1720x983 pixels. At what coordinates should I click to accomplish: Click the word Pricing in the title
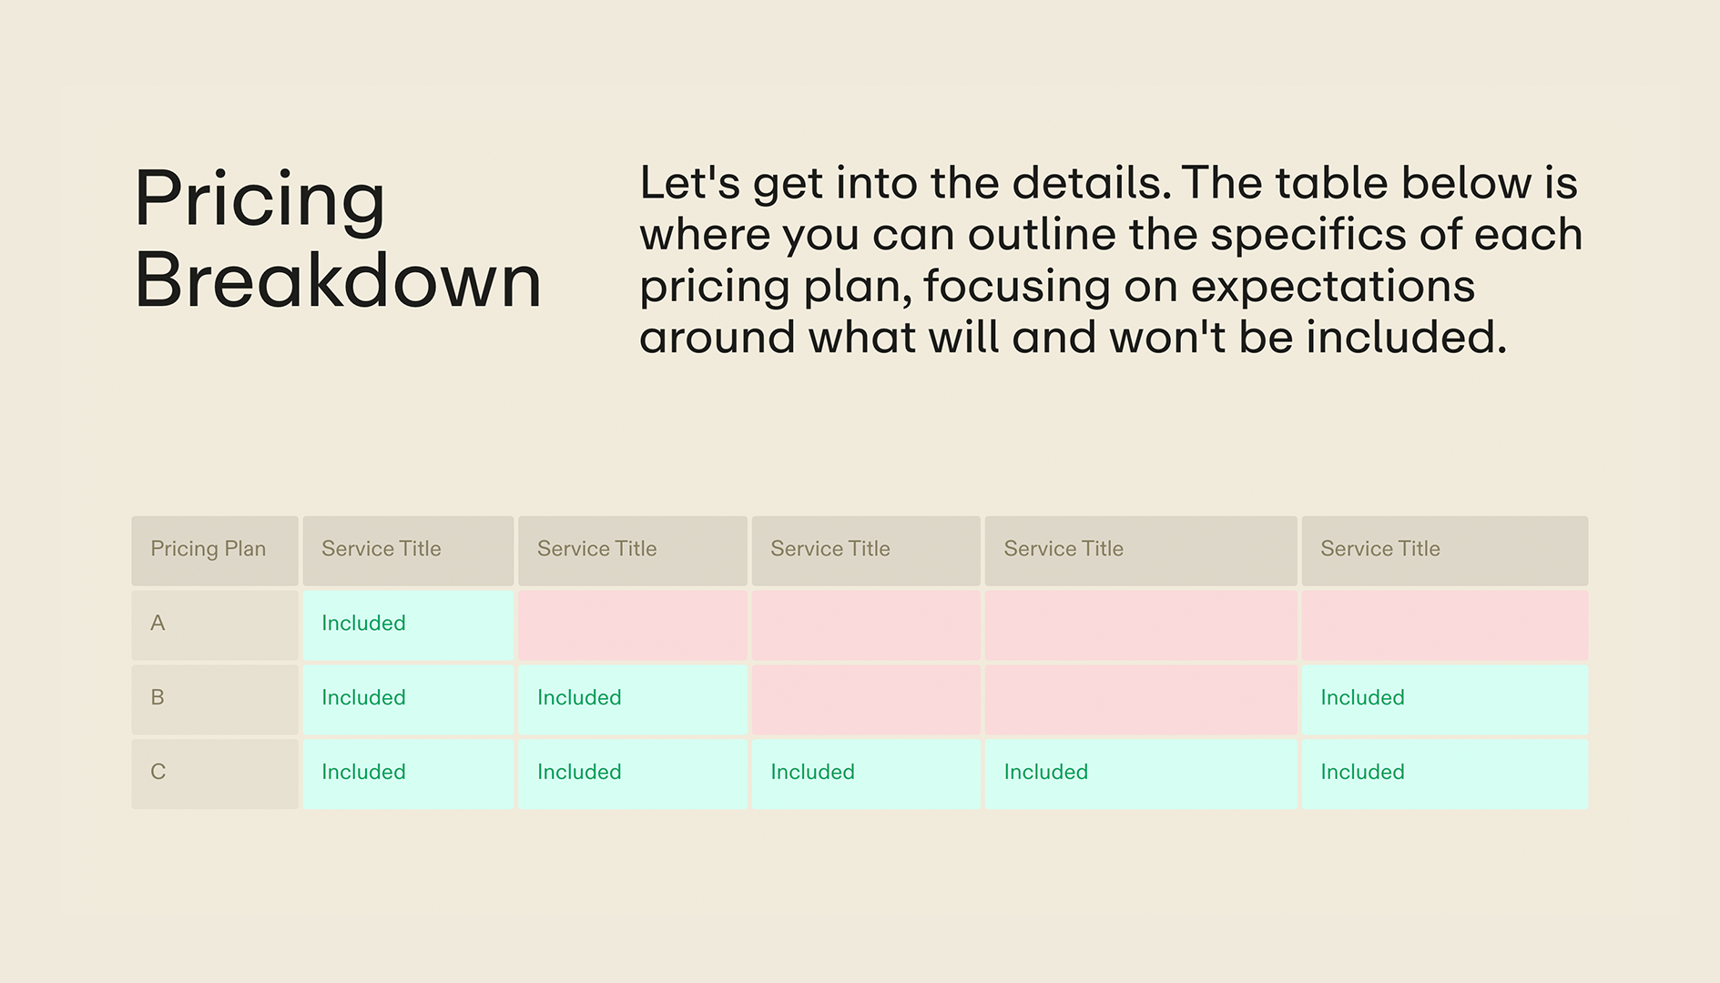260,199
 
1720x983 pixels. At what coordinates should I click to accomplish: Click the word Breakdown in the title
338,281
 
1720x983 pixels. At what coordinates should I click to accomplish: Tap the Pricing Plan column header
209,549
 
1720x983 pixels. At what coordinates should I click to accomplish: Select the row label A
158,623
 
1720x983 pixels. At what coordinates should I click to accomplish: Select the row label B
158,698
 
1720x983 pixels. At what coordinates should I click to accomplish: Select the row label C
158,772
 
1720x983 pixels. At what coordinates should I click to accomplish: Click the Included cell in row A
363,623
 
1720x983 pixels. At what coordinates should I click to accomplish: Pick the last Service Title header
1379,549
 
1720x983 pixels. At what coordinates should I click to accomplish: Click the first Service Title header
381,549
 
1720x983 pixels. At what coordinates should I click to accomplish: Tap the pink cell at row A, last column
1444,625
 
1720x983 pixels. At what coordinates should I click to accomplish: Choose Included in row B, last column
1362,698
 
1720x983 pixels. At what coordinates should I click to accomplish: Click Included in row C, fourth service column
1045,772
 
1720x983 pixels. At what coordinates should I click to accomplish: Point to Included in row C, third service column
812,772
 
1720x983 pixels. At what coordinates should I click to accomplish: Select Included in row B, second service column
579,698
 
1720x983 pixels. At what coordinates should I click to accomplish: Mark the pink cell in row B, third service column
865,699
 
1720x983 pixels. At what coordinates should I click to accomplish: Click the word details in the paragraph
1091,184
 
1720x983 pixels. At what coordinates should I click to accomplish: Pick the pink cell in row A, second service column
632,625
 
